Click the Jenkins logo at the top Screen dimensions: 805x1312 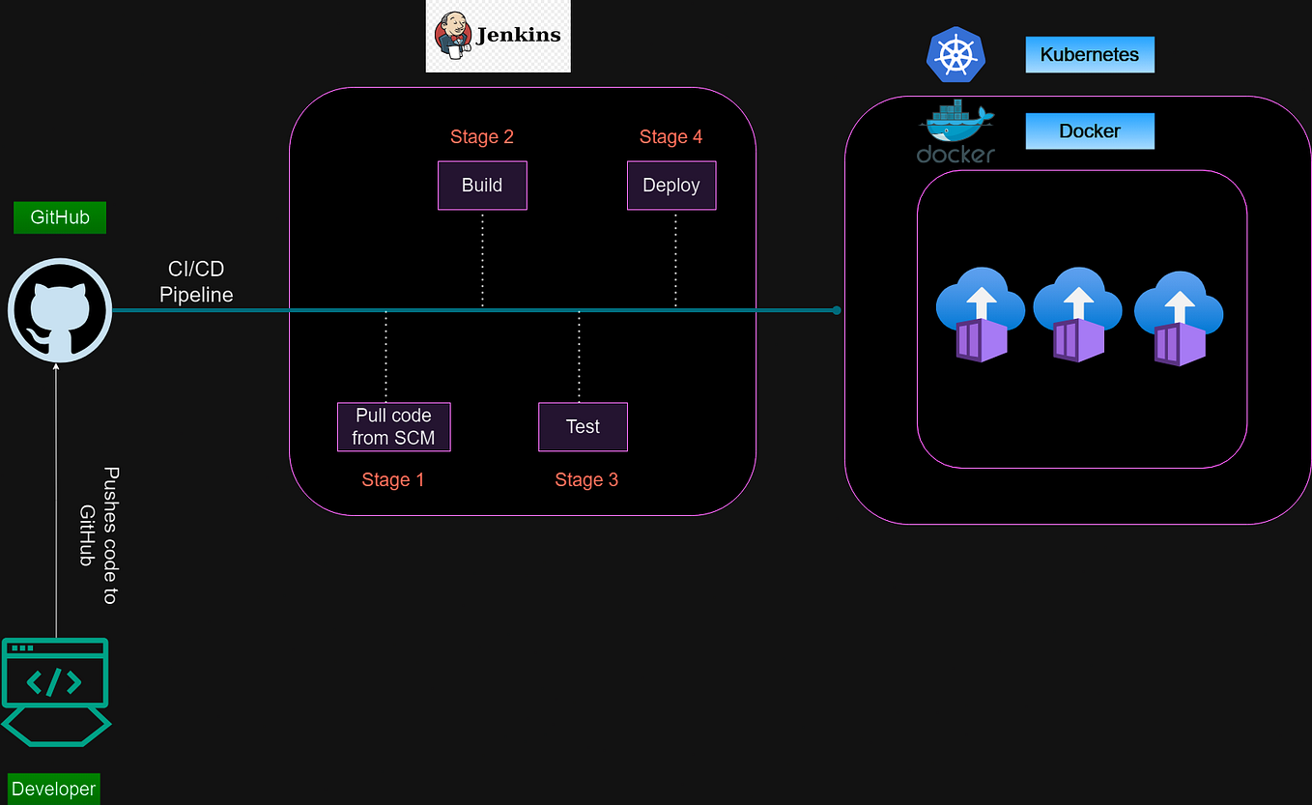pyautogui.click(x=498, y=36)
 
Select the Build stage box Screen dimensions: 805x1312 pyautogui.click(x=482, y=186)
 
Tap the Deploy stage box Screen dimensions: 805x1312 pyautogui.click(x=671, y=186)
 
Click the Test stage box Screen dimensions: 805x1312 pyautogui.click(x=583, y=427)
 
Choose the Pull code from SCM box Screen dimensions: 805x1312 pyautogui.click(x=393, y=427)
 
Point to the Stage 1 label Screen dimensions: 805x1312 pyautogui.click(x=393, y=480)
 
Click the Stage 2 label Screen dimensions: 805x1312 pyautogui.click(x=482, y=137)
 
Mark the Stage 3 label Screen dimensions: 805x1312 pyautogui.click(x=586, y=480)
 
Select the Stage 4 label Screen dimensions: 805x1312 pyautogui.click(x=670, y=137)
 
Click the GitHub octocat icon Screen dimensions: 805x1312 pyautogui.click(x=60, y=311)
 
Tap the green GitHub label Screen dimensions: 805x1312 pyautogui.click(x=60, y=217)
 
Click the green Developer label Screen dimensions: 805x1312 pyautogui.click(x=53, y=789)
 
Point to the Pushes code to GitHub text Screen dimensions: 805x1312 pyautogui.click(x=100, y=536)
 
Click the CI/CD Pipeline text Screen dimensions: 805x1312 pyautogui.click(x=196, y=282)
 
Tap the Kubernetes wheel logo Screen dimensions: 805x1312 pyautogui.click(x=955, y=54)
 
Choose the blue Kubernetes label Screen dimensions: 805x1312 pyautogui.click(x=1089, y=55)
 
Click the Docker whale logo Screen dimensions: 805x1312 pyautogui.click(x=956, y=130)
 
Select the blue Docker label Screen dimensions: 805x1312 pyautogui.click(x=1089, y=131)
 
